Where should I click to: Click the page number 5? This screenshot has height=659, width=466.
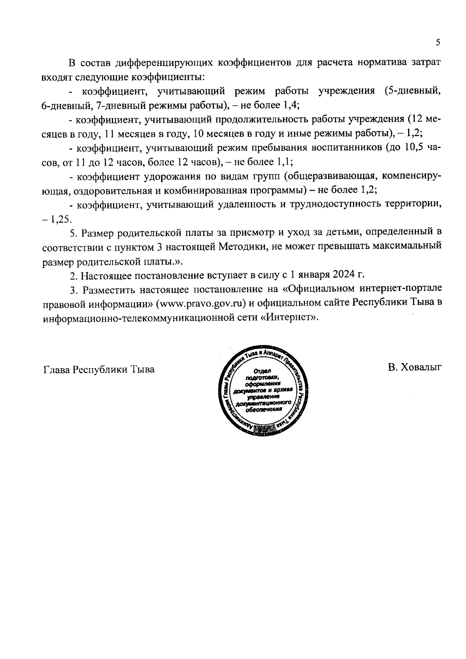coord(438,43)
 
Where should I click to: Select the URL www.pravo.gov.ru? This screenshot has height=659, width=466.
coord(201,303)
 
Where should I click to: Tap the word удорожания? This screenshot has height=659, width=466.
coord(173,177)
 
